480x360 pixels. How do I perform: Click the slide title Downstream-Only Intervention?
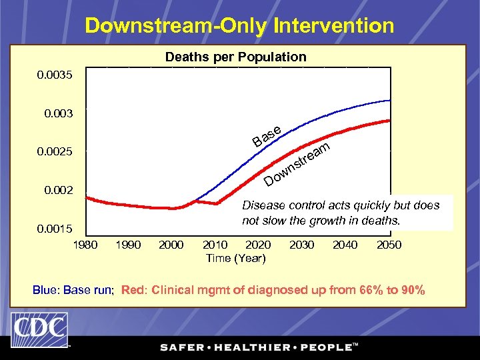click(x=239, y=26)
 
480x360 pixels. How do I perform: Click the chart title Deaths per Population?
click(x=235, y=57)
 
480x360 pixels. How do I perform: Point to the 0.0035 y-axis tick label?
click(x=56, y=75)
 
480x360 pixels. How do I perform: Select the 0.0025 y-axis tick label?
click(x=56, y=153)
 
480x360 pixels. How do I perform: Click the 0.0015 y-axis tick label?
click(x=56, y=229)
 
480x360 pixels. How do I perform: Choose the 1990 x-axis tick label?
click(x=128, y=245)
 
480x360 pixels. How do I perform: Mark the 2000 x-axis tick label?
click(x=171, y=245)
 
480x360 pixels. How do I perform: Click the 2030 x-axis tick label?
click(x=302, y=245)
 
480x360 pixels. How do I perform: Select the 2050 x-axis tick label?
click(x=389, y=245)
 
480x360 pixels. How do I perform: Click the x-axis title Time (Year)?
click(x=235, y=258)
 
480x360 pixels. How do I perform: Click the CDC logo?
click(x=39, y=329)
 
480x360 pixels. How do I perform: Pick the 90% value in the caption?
click(x=411, y=290)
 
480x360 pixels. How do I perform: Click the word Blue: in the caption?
click(x=47, y=290)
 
